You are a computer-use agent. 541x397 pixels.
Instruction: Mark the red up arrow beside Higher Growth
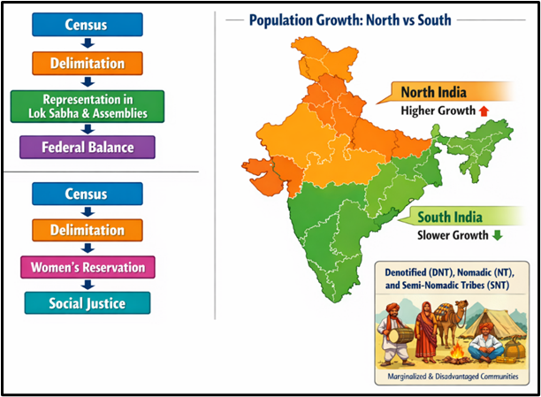(484, 111)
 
